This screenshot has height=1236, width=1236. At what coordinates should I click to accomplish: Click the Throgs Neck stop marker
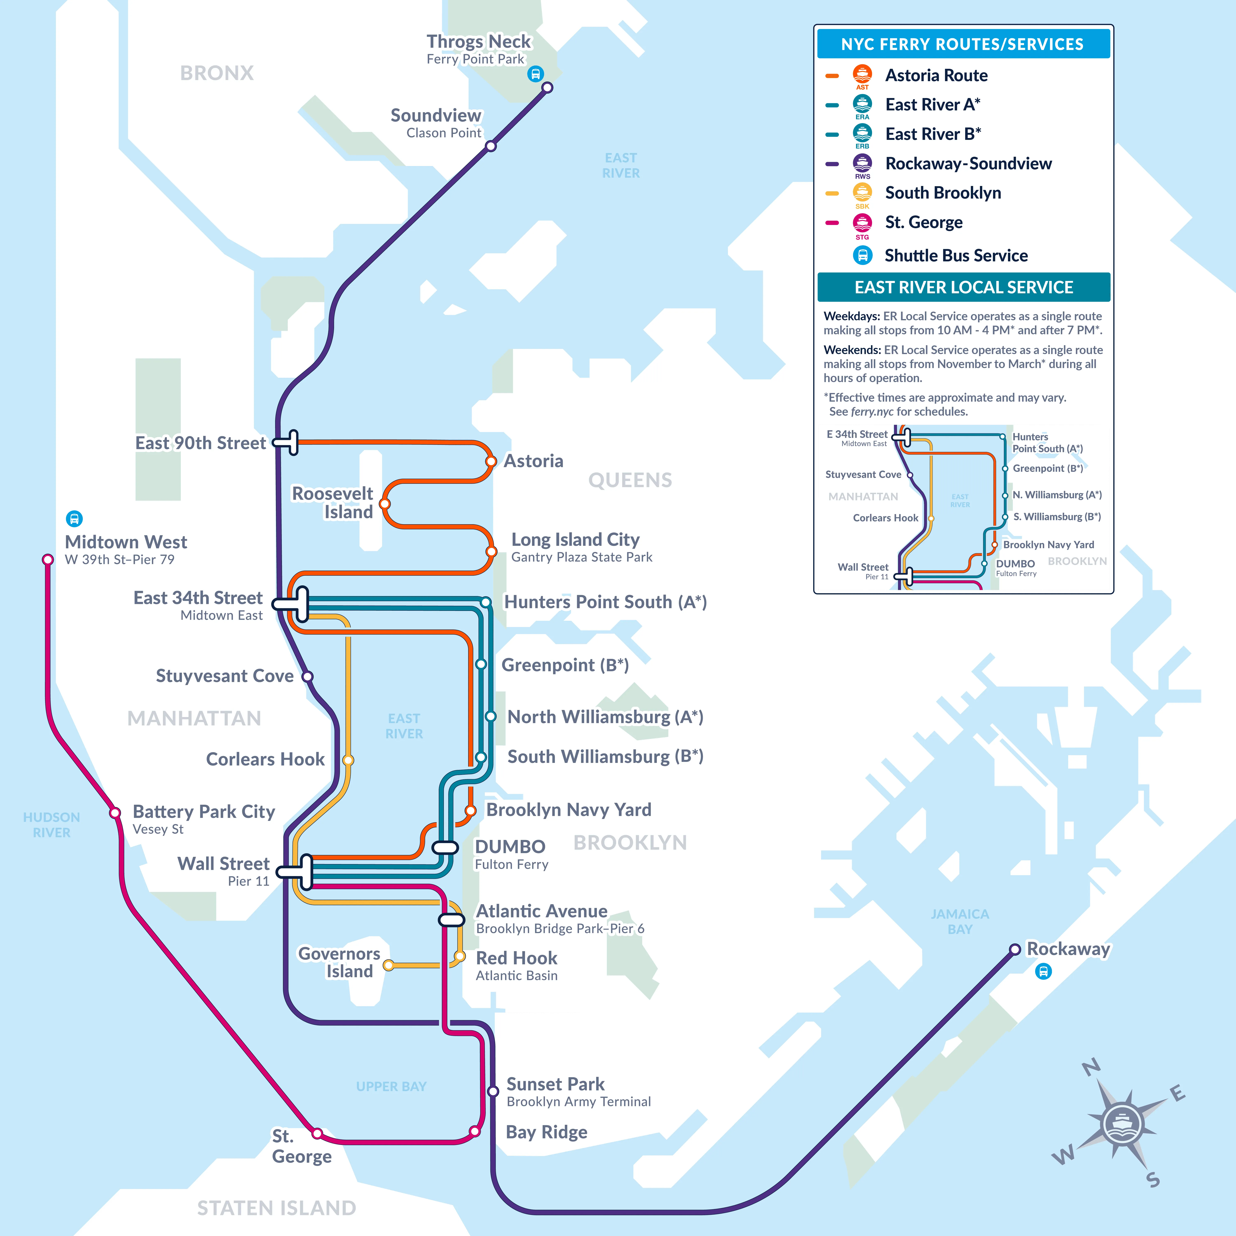[x=547, y=88]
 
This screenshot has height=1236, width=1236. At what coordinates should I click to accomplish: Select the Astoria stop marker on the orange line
[x=491, y=461]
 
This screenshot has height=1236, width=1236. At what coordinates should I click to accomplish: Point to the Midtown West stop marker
[x=48, y=560]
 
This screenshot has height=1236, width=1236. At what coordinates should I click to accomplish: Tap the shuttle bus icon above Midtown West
[x=74, y=518]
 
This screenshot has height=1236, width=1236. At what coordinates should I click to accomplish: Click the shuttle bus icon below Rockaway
[x=1043, y=972]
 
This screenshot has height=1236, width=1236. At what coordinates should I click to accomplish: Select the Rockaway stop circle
[x=1015, y=949]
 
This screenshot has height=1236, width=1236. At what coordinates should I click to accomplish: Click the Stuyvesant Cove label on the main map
[x=225, y=676]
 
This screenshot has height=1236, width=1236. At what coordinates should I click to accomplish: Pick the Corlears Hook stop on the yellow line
[x=348, y=760]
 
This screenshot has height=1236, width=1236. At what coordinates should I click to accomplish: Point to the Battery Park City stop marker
[x=115, y=813]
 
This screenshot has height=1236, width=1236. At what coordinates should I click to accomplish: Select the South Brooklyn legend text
[x=943, y=193]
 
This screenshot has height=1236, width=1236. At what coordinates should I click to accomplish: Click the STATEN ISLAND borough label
[x=276, y=1208]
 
